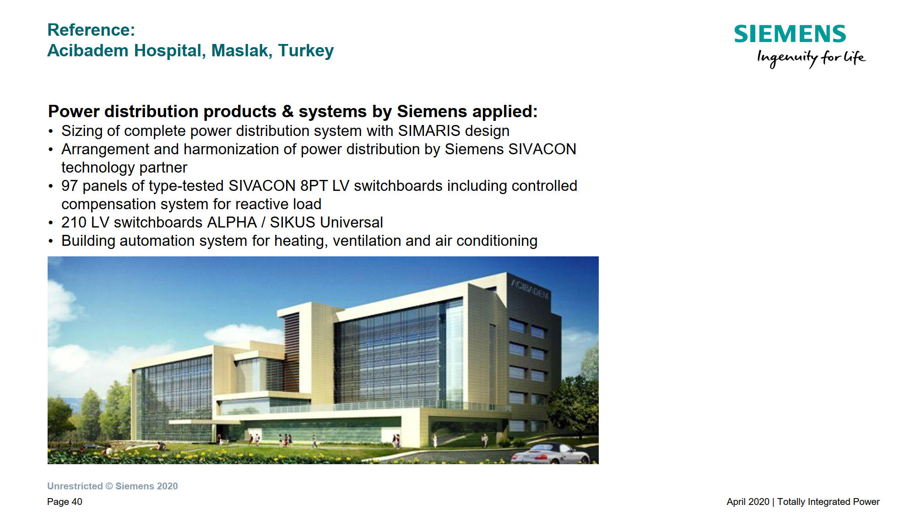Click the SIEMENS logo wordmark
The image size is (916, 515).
click(790, 34)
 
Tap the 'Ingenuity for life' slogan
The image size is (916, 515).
click(811, 58)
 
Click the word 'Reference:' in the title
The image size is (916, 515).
click(91, 30)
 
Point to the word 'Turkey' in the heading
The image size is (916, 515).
click(306, 51)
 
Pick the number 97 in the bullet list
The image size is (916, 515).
click(70, 186)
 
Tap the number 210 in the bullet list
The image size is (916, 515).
click(74, 222)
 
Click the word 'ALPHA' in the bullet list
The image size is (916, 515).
click(232, 222)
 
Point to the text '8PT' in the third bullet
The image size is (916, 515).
click(314, 186)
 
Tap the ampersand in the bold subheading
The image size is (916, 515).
click(287, 112)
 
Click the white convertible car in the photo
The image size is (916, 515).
click(550, 454)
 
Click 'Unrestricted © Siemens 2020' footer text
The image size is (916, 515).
click(113, 486)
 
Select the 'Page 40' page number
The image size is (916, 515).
click(65, 502)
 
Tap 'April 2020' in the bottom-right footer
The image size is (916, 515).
click(748, 502)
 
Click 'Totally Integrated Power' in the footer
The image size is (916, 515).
click(829, 502)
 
